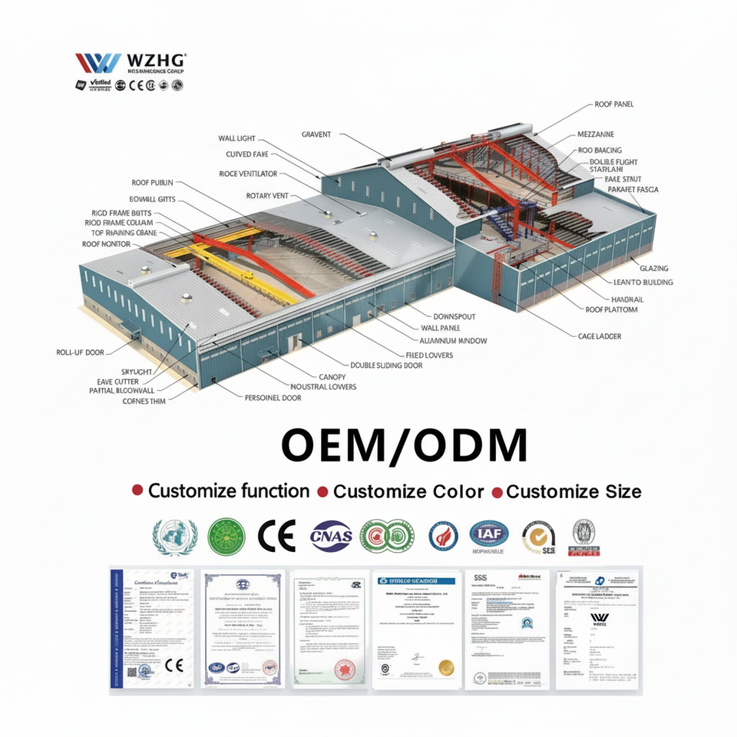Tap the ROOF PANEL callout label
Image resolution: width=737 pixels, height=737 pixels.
(613, 104)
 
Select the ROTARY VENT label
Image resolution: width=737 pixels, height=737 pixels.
(267, 196)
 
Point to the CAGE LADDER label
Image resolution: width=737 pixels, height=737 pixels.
(600, 335)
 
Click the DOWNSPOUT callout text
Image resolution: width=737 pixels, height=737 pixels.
(455, 316)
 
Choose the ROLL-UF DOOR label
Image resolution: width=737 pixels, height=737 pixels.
(80, 352)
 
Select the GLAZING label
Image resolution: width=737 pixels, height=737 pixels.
(654, 269)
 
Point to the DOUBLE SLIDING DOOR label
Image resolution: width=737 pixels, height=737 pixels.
(386, 365)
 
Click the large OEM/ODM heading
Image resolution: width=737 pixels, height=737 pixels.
(404, 445)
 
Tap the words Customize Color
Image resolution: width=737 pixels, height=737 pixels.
(408, 491)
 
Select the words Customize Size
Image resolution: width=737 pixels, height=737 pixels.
(573, 491)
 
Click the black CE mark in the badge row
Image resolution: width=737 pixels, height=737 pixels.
(276, 536)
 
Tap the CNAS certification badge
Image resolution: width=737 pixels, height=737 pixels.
(331, 536)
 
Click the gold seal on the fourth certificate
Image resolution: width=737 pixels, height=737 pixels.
(445, 667)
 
